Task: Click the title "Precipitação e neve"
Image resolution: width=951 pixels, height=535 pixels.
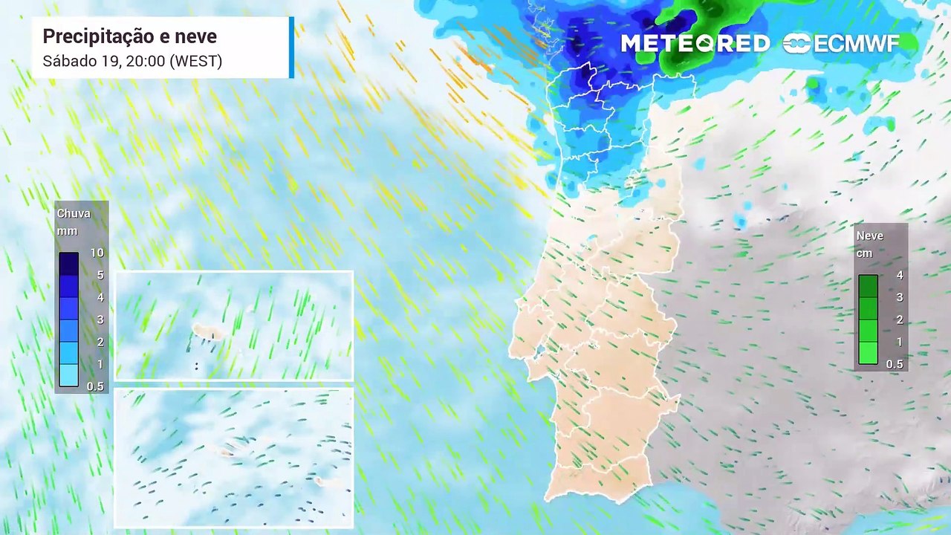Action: point(129,36)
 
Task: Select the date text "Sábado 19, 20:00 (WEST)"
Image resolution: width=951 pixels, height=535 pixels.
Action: point(132,62)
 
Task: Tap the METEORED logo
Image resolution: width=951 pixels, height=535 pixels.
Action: point(695,44)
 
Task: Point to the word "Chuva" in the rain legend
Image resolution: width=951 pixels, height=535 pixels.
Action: point(74,214)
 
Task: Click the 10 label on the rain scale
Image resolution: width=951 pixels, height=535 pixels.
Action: point(97,253)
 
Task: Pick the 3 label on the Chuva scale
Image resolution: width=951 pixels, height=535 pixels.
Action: point(100,320)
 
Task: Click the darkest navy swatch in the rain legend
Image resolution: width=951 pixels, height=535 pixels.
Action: point(68,264)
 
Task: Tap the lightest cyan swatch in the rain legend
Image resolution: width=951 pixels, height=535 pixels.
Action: point(68,375)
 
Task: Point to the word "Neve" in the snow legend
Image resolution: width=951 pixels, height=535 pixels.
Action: point(870,236)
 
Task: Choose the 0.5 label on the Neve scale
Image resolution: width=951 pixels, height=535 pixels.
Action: point(895,364)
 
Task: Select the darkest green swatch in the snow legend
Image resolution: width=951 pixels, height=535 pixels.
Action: point(868,286)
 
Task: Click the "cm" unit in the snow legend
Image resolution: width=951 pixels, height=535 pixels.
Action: point(864,253)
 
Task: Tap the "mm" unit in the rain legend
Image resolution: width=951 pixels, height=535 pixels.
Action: point(67,231)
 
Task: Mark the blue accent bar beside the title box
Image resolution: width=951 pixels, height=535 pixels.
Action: point(291,48)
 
